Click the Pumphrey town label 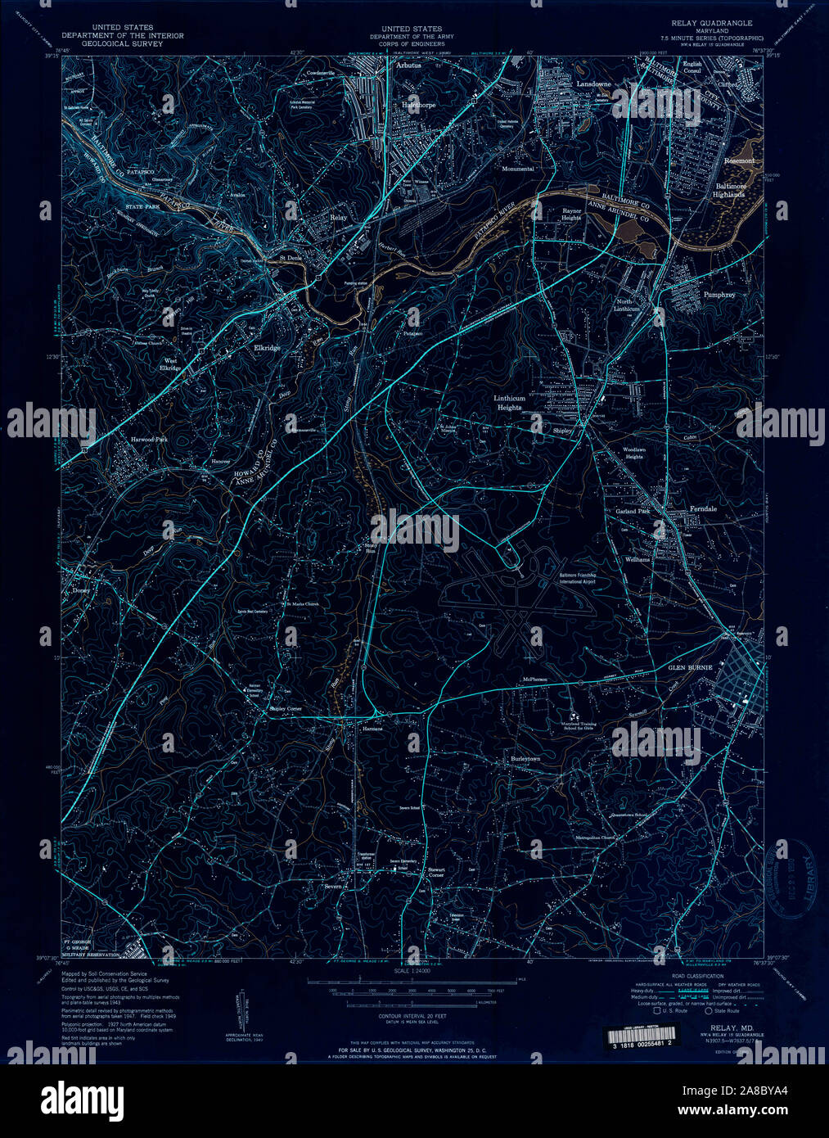719,294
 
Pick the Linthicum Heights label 508,403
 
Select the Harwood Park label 149,440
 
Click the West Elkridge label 170,364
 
